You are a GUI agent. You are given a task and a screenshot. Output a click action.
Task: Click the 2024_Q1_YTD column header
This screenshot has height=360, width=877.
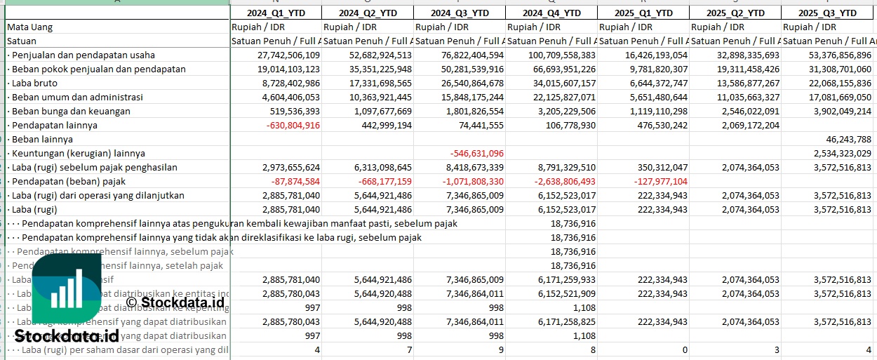[x=276, y=13]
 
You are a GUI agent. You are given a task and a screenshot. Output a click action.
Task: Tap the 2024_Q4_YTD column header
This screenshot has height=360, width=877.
[x=551, y=13]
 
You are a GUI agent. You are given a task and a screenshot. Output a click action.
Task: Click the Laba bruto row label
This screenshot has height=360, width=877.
[x=34, y=83]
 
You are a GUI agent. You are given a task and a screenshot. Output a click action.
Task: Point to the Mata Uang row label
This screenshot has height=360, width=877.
[x=29, y=27]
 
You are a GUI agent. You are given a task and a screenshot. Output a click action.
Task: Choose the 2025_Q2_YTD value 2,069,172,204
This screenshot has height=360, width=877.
[x=739, y=125]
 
